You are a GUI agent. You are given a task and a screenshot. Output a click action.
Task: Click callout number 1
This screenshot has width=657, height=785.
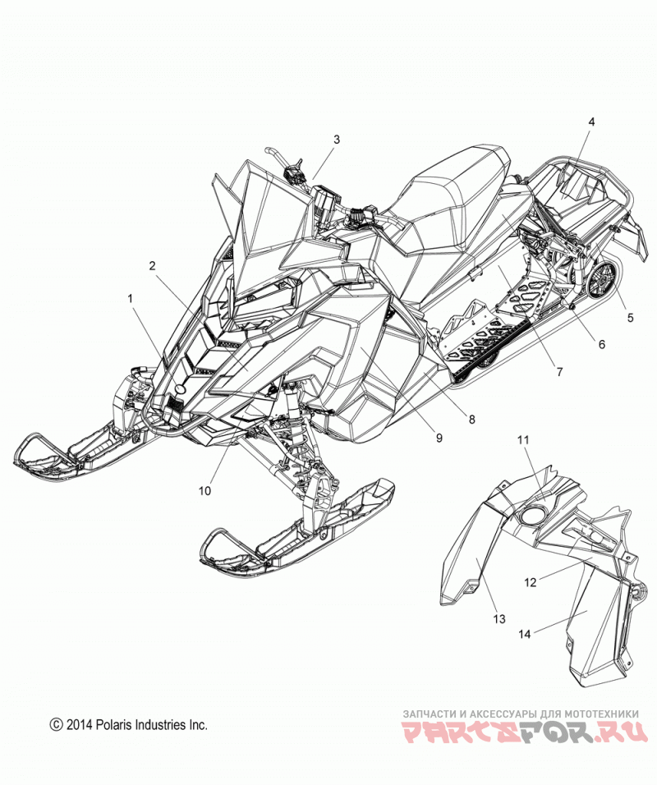(x=131, y=299)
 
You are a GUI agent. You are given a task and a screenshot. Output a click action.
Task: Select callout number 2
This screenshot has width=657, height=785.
(x=152, y=266)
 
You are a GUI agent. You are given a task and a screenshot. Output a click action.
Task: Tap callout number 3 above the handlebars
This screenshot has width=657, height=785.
(x=337, y=139)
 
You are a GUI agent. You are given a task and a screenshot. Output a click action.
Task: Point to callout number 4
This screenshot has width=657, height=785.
(x=591, y=122)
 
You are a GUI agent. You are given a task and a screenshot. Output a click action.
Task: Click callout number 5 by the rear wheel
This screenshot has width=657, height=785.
(x=631, y=318)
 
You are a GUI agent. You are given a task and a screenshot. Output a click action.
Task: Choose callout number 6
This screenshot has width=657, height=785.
(x=602, y=344)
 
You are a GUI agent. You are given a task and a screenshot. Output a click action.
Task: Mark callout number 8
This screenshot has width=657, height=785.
(x=471, y=419)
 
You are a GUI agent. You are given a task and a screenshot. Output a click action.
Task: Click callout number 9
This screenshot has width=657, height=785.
(x=439, y=438)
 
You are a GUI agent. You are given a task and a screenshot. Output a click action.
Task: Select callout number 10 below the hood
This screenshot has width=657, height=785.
(x=204, y=491)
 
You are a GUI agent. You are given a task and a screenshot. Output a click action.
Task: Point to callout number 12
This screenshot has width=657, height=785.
(x=531, y=582)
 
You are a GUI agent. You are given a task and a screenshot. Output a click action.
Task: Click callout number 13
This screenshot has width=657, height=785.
(x=499, y=619)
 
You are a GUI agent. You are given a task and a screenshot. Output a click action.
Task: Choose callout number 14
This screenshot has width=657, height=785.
(x=524, y=634)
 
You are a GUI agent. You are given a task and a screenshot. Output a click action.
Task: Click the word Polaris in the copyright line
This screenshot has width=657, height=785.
(x=111, y=724)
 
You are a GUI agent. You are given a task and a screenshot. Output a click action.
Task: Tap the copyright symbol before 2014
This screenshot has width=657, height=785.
(x=56, y=725)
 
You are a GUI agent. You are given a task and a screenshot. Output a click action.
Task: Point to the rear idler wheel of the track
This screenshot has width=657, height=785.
(x=605, y=282)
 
